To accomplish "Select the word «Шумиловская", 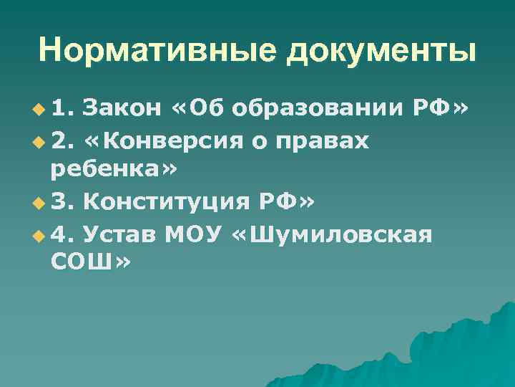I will point(333,234).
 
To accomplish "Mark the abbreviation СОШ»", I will point(91,265).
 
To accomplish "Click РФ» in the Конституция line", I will point(286,203).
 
